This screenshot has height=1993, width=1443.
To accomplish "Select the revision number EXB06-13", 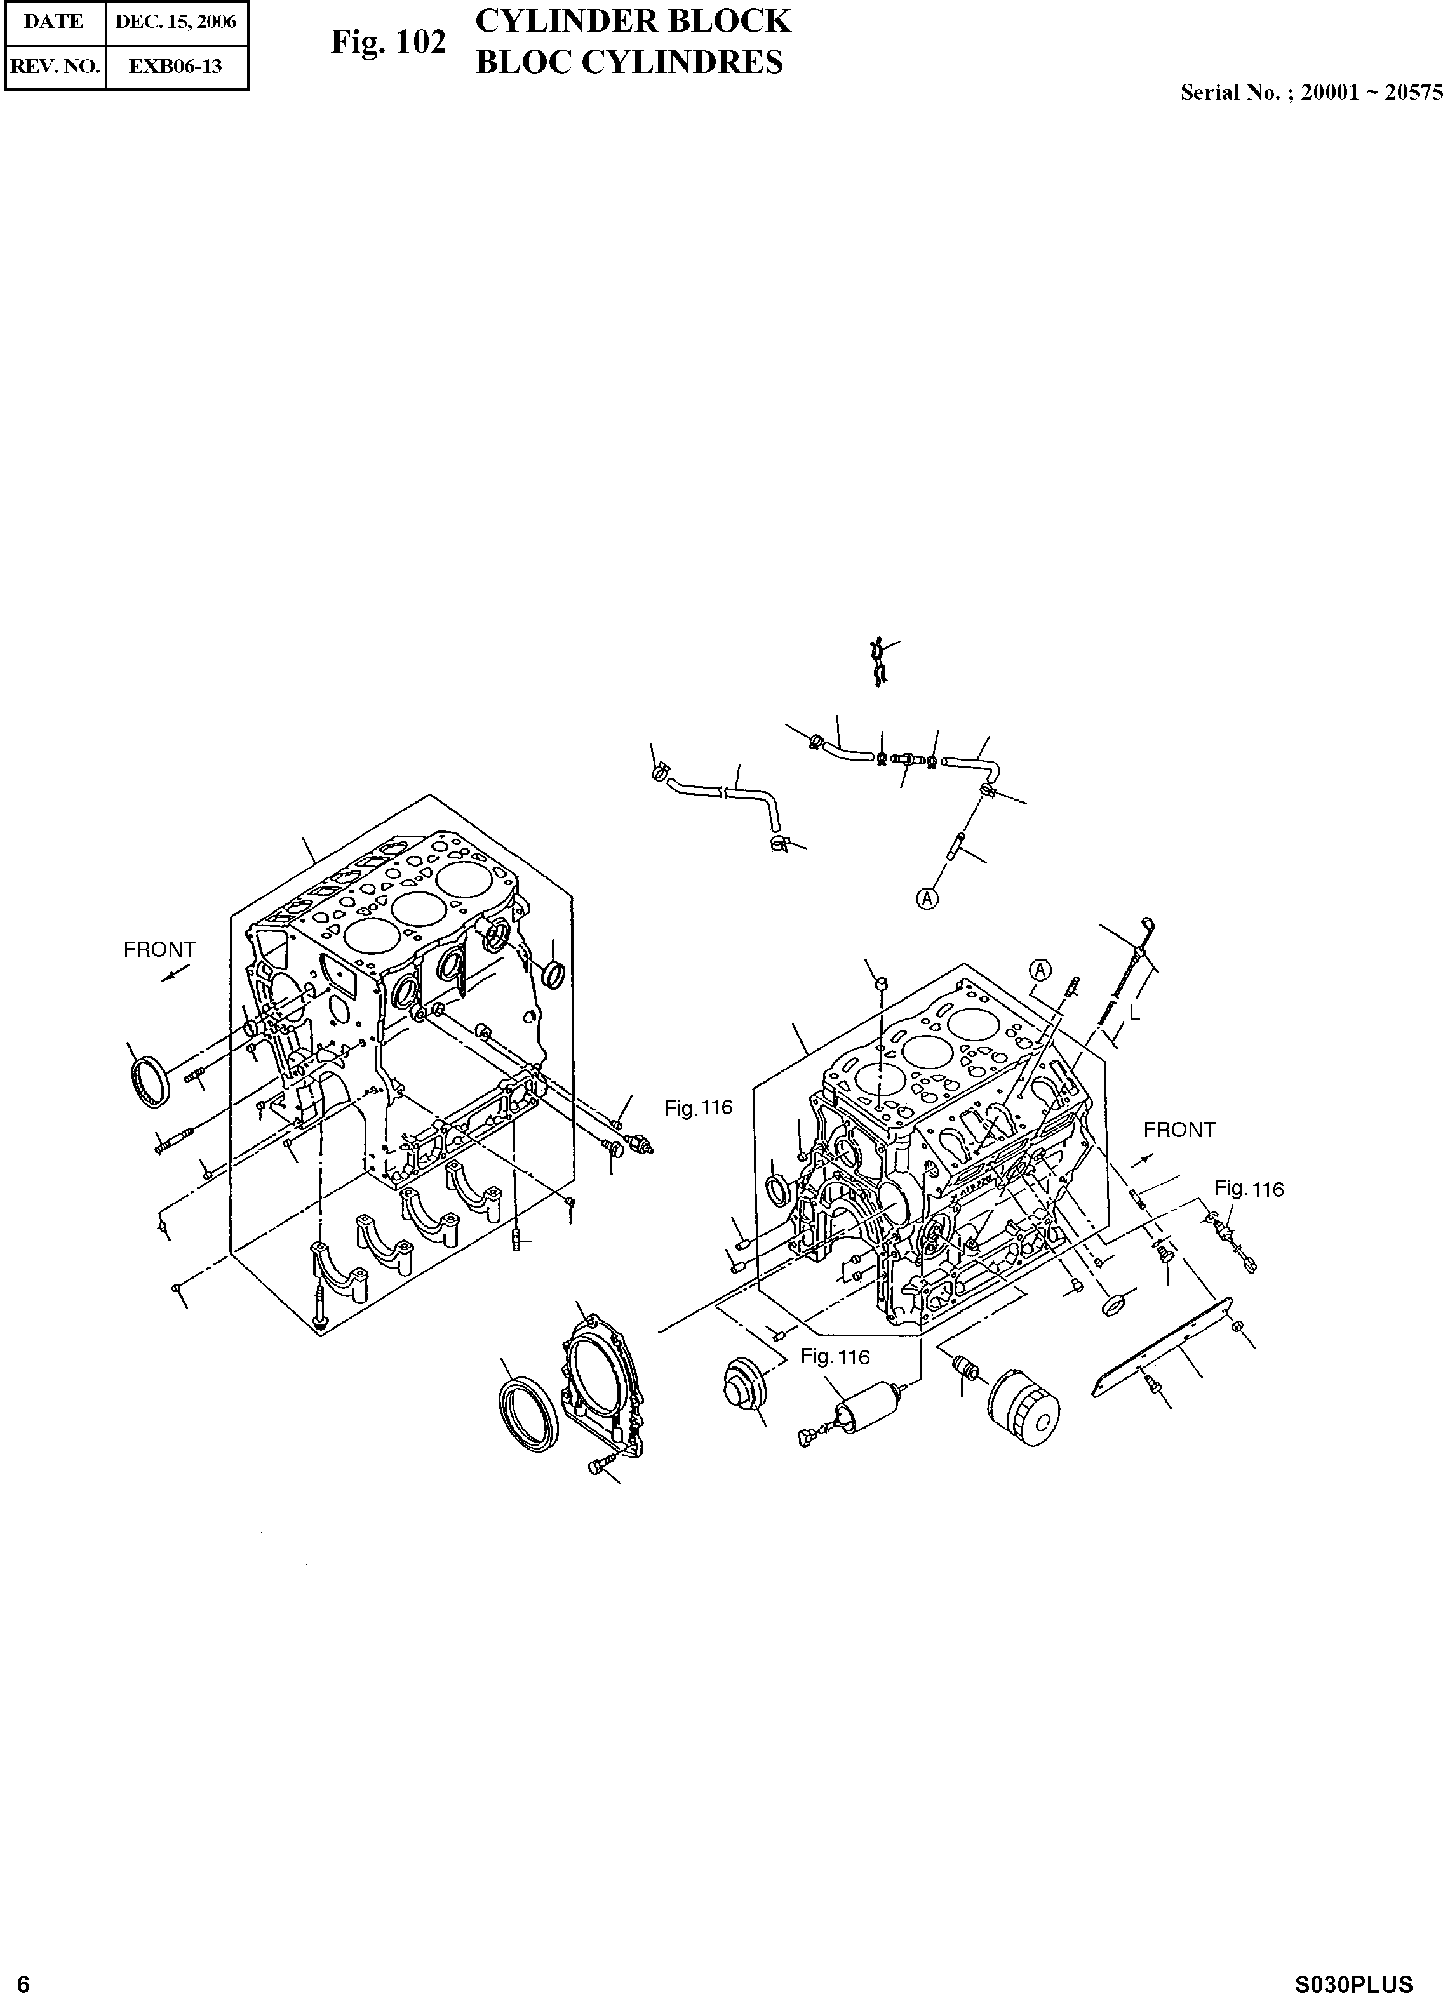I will pos(176,66).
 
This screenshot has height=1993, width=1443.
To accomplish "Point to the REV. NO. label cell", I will pos(53,66).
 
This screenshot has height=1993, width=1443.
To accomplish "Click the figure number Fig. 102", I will pos(389,42).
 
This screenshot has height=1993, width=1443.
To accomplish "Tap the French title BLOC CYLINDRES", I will pos(629,62).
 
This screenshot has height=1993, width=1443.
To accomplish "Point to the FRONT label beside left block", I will pos(159,950).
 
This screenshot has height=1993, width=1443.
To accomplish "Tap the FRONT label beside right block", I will pos(1179,1130).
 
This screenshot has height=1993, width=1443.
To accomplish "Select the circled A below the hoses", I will pos(927,898).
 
